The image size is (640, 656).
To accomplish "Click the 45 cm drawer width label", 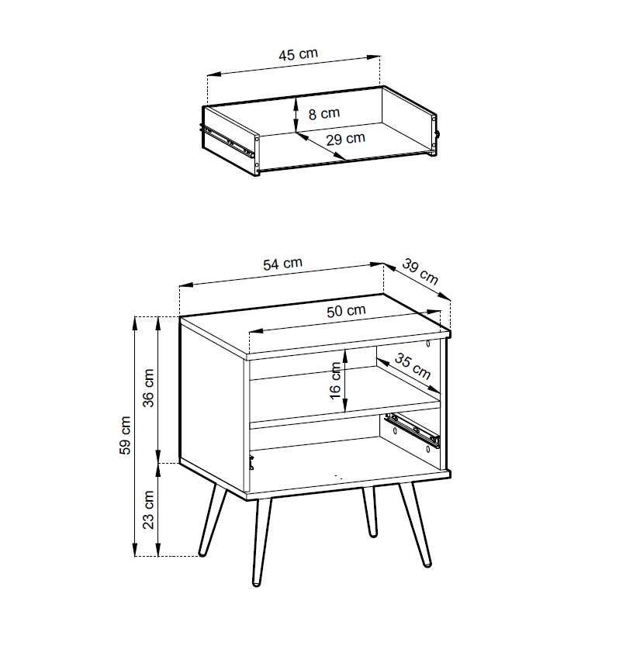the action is [298, 54].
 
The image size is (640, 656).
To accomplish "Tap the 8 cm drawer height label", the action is [324, 113].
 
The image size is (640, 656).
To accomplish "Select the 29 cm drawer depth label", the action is [345, 139].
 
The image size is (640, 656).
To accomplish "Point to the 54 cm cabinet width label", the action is [282, 264].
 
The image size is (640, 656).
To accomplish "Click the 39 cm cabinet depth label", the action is [420, 272].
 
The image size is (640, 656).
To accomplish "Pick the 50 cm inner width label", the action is [346, 310].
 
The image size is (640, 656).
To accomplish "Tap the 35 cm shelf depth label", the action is [413, 366].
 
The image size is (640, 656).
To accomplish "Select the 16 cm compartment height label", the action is [335, 381].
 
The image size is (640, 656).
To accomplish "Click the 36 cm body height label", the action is [149, 388].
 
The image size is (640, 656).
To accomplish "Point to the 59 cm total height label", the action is [125, 435].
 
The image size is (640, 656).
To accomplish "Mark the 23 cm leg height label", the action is [149, 509].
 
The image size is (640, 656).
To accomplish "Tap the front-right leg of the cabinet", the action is [415, 525].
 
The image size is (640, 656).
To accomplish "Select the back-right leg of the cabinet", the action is [371, 512].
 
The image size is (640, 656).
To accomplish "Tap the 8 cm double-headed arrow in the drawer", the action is [296, 114].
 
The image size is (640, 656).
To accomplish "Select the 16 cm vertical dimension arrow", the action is [345, 380].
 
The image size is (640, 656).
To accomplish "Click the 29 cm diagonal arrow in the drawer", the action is [320, 146].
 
